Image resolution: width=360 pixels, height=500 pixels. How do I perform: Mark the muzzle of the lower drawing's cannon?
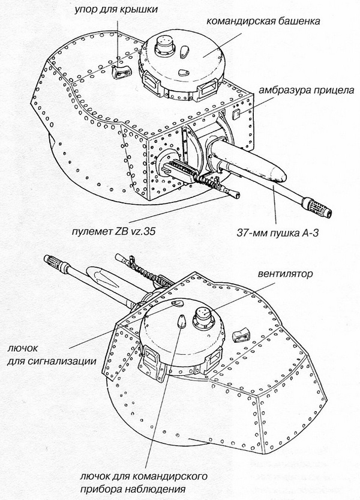tap(55, 261)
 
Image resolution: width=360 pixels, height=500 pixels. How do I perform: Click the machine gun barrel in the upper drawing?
tap(228, 193)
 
